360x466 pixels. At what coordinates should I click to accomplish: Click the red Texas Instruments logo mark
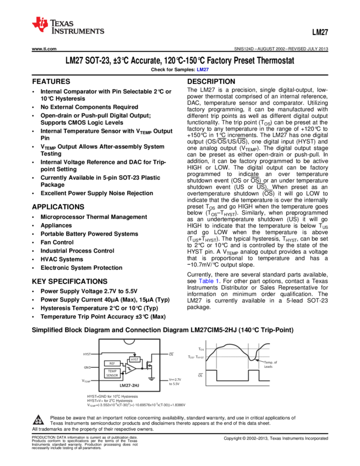[40, 24]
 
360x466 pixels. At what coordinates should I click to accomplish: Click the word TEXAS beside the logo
[62, 24]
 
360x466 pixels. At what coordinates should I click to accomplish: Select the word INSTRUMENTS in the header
[77, 32]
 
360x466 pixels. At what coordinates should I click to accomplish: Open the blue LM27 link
[203, 70]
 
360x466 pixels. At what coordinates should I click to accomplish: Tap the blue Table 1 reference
[208, 281]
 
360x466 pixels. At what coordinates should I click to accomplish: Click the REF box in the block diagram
[112, 363]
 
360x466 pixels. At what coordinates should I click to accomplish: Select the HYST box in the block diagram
[135, 360]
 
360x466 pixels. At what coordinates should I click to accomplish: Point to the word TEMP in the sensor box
[112, 371]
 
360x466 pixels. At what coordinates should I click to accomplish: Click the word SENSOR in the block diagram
[112, 376]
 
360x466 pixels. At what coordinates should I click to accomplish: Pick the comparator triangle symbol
[130, 368]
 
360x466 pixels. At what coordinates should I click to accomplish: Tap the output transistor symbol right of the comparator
[148, 365]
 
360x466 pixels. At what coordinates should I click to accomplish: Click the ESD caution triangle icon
[38, 420]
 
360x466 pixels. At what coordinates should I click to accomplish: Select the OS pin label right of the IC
[171, 354]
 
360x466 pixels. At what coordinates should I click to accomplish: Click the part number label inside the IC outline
[129, 385]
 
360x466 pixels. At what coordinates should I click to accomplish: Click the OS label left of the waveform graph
[201, 375]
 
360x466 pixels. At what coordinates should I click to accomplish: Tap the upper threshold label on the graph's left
[201, 349]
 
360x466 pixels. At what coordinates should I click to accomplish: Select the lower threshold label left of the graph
[196, 357]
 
